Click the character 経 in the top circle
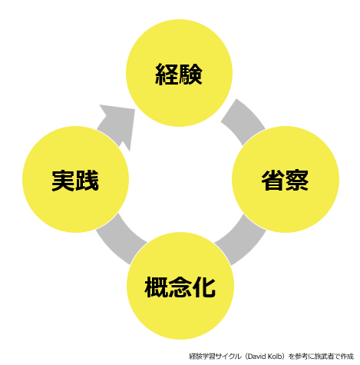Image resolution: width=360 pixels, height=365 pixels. tap(167, 75)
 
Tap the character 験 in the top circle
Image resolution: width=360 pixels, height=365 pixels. tap(190, 75)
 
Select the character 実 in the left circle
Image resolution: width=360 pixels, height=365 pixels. tap(64, 181)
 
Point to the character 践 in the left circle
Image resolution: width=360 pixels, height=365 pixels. tap(87, 181)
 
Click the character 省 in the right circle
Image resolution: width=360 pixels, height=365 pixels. tap(273, 181)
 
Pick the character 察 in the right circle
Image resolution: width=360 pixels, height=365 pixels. tap(297, 181)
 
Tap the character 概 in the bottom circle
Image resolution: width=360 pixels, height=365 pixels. tap(157, 287)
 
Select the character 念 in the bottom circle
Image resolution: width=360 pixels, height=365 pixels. tap(180, 287)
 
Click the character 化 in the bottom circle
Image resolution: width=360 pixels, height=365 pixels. tap(203, 287)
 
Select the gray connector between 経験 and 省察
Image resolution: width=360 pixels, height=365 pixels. tap(243, 121)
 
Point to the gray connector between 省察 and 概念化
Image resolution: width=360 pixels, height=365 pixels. tap(242, 240)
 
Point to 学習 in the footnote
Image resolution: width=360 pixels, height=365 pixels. tap(209, 357)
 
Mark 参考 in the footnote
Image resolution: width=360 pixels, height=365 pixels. tap(302, 357)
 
